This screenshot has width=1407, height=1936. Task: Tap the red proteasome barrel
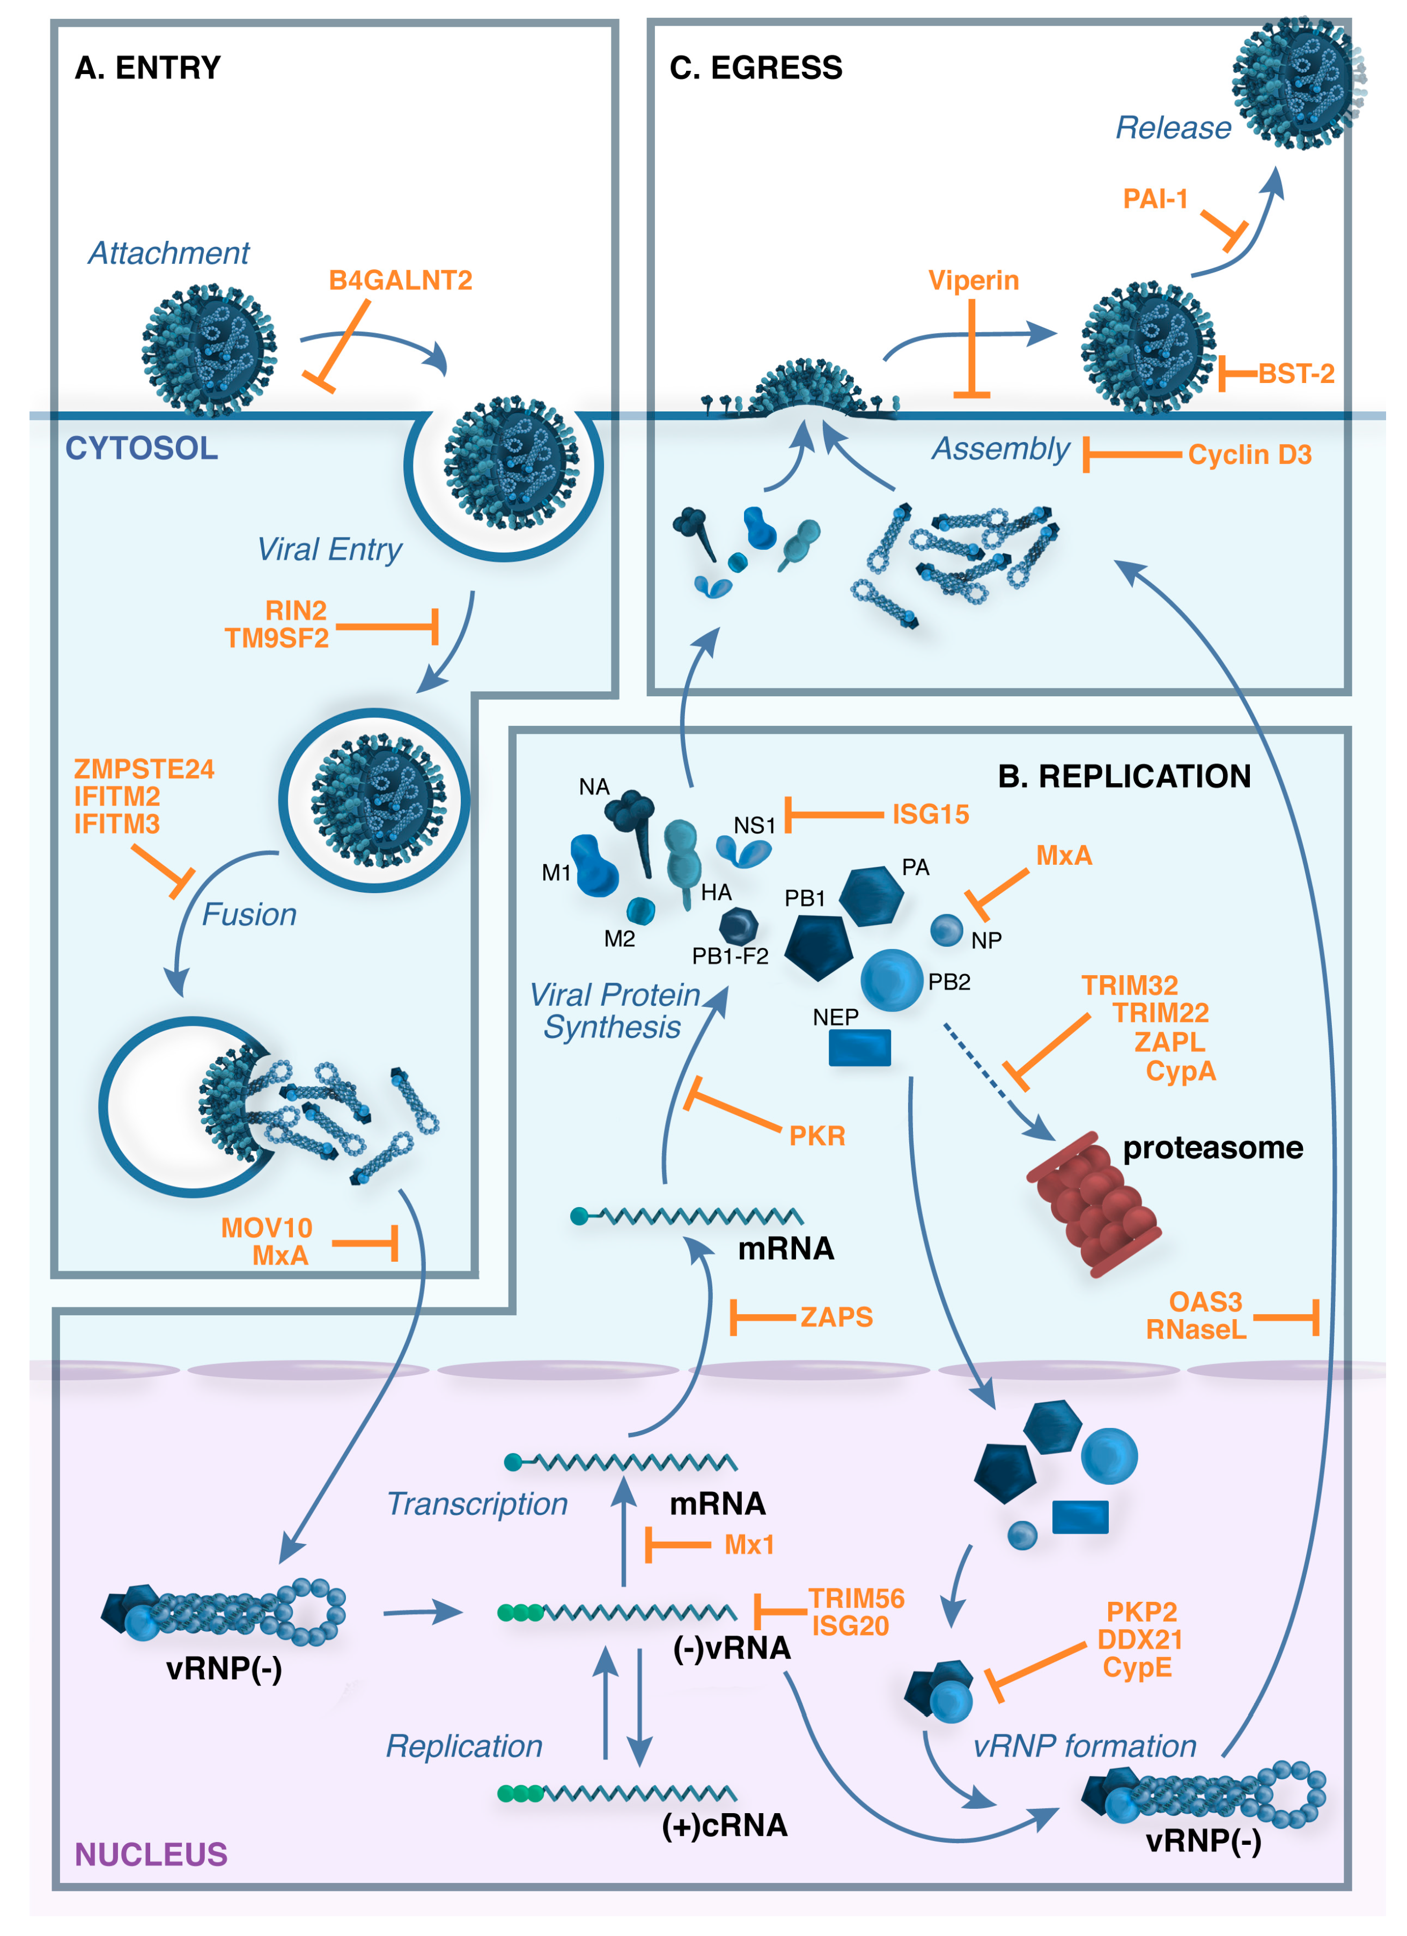click(1094, 1204)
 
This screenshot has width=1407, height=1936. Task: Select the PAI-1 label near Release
click(1154, 199)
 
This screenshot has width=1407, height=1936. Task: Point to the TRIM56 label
click(856, 1598)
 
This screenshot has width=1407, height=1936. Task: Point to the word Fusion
click(248, 914)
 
